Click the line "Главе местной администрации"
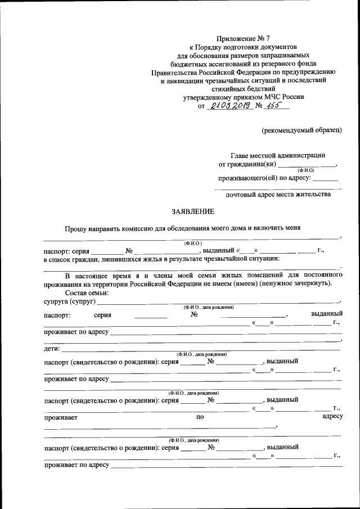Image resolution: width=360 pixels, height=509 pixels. coord(277,155)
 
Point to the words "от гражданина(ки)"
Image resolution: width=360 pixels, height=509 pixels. coord(247,165)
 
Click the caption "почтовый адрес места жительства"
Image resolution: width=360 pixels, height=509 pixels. coord(278,195)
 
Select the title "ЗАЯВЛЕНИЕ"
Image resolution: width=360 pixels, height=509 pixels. coord(193,211)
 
